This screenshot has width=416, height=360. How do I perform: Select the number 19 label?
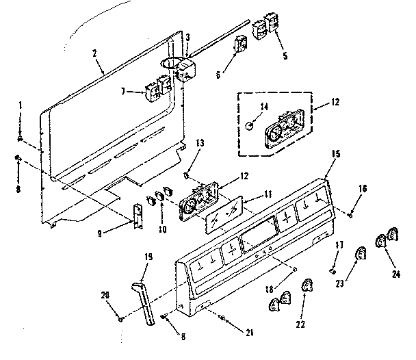tap(148, 257)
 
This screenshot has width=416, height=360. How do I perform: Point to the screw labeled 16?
tap(350, 215)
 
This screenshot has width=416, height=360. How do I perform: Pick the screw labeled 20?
tap(121, 318)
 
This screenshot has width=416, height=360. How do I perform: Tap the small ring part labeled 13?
tap(186, 175)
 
